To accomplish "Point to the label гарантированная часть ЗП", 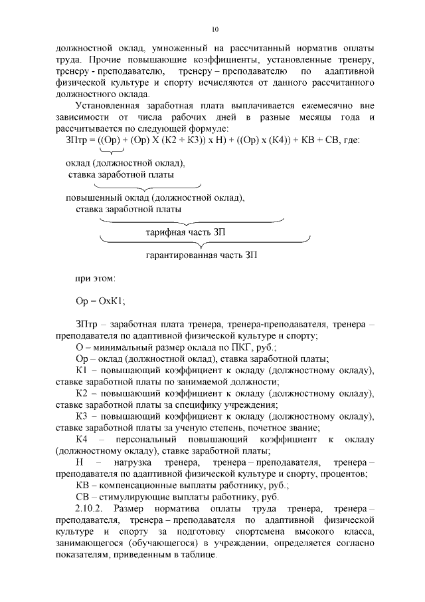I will click(201, 255).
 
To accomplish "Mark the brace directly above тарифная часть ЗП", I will click(191, 220).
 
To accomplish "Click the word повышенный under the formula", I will click(91, 198).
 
